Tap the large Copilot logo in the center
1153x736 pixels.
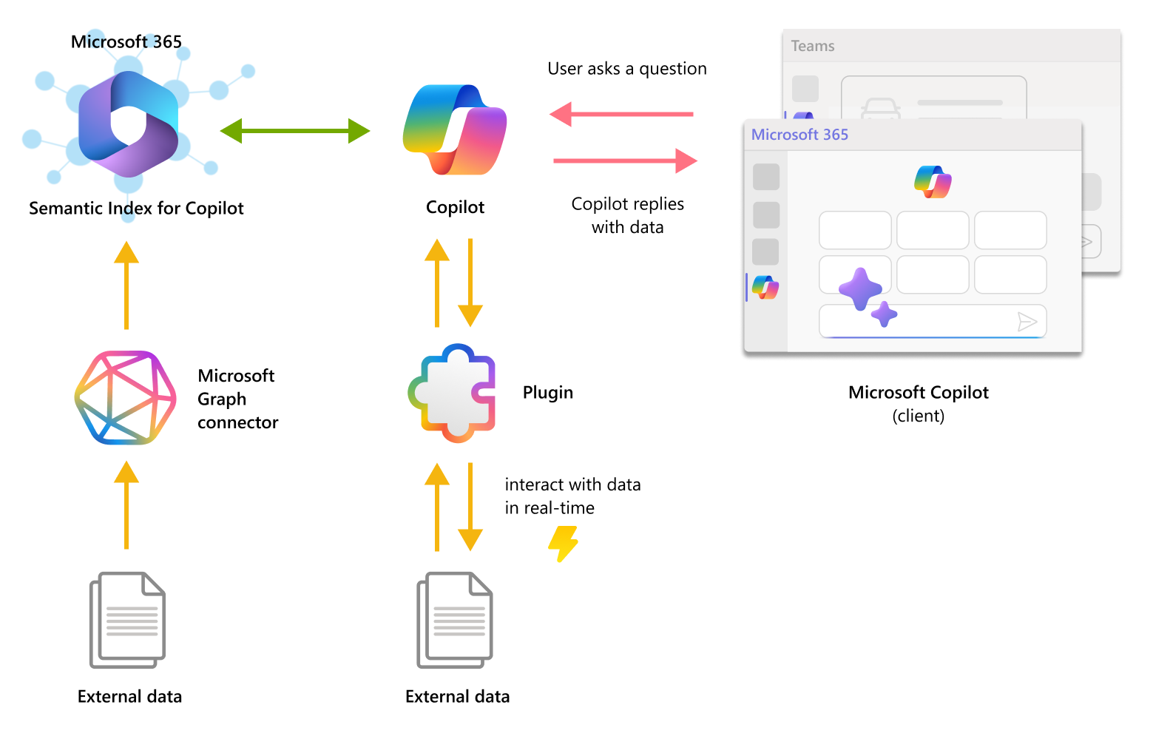pyautogui.click(x=455, y=130)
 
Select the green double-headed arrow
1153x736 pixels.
pyautogui.click(x=295, y=131)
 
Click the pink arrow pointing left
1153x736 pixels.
pyautogui.click(x=621, y=114)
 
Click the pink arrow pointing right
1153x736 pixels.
pyautogui.click(x=625, y=161)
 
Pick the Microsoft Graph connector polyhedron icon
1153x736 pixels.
pyautogui.click(x=126, y=398)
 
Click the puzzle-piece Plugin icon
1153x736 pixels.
pyautogui.click(x=452, y=393)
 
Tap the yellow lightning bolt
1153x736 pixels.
pyautogui.click(x=564, y=544)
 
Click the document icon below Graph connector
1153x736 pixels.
pyautogui.click(x=127, y=619)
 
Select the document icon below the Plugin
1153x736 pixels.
pyautogui.click(x=455, y=619)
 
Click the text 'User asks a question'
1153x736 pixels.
pyautogui.click(x=627, y=69)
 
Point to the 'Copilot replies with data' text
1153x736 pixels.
pyautogui.click(x=628, y=215)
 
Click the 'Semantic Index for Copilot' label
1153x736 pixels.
pyautogui.click(x=136, y=209)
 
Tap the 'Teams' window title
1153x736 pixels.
pyautogui.click(x=813, y=46)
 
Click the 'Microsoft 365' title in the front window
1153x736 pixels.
pyautogui.click(x=799, y=135)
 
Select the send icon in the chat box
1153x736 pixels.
pyautogui.click(x=1027, y=321)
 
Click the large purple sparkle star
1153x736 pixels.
pyautogui.click(x=859, y=288)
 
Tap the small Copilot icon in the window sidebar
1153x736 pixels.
pyautogui.click(x=765, y=287)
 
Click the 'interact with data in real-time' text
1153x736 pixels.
pyautogui.click(x=572, y=496)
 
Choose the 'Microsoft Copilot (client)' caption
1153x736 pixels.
pyautogui.click(x=918, y=403)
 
